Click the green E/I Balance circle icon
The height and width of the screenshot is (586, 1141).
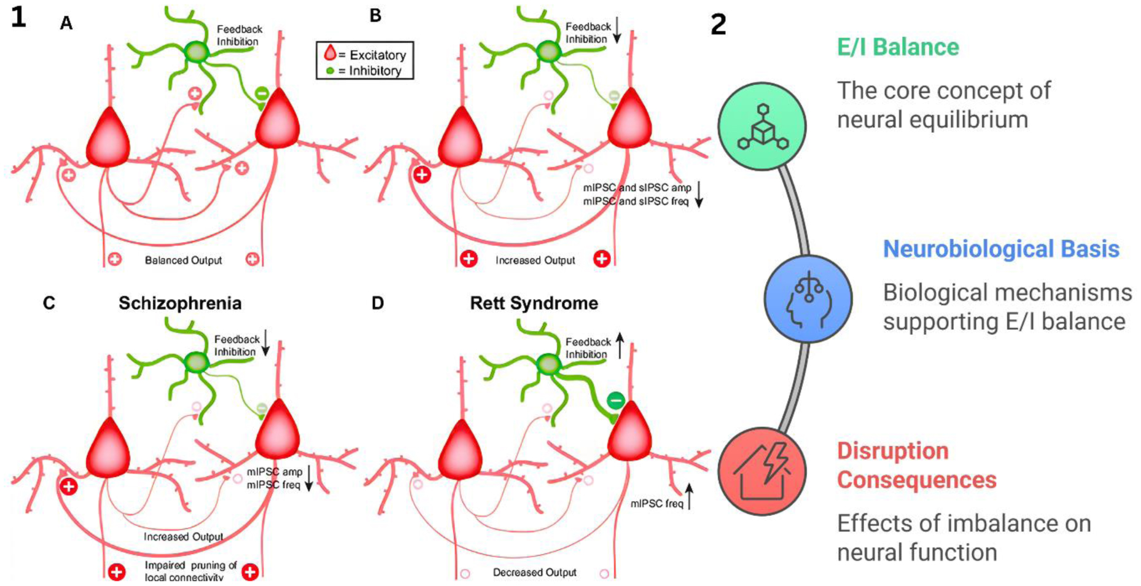click(761, 126)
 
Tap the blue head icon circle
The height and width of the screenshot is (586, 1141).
click(808, 299)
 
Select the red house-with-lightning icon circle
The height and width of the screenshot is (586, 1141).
click(761, 471)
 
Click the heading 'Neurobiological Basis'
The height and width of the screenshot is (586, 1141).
click(1001, 249)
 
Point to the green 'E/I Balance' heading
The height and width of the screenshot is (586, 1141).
click(898, 47)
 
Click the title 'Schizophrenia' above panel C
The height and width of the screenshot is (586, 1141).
click(180, 303)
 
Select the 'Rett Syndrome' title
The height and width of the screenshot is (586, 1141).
click(534, 303)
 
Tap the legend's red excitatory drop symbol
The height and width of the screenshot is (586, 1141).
click(330, 53)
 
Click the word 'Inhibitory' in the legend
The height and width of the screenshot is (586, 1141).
click(375, 71)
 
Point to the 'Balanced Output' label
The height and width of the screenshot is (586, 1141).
click(183, 260)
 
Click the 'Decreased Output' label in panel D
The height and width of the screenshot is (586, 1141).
click(534, 572)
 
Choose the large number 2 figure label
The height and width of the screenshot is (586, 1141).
click(718, 25)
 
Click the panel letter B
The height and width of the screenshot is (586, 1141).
click(375, 15)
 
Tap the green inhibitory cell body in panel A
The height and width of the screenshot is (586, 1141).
click(197, 51)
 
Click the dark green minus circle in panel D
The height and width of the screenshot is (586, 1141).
click(615, 400)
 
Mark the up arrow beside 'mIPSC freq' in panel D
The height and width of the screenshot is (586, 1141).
click(690, 496)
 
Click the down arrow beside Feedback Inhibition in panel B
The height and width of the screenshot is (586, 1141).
click(617, 29)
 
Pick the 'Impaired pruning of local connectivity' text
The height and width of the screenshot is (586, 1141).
click(190, 571)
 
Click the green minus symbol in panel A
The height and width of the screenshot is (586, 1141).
click(262, 94)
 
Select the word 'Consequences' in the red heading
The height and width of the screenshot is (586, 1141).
click(916, 480)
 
